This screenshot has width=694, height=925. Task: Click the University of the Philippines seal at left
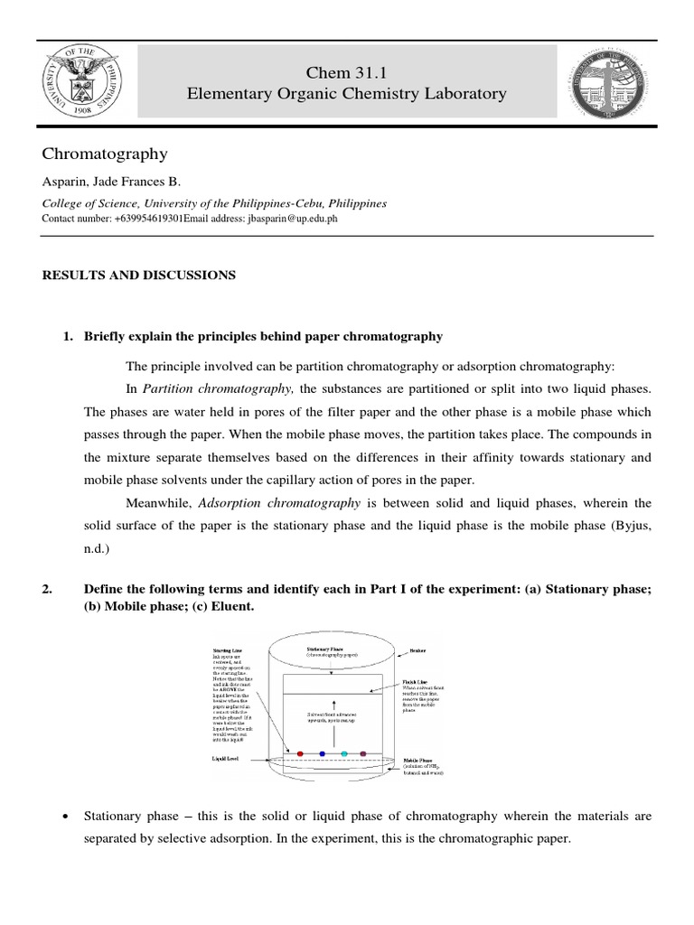click(x=79, y=81)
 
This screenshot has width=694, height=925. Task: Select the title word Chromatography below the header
click(x=105, y=154)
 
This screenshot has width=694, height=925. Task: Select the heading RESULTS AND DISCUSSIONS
click(x=139, y=275)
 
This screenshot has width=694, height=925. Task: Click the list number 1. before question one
click(x=67, y=336)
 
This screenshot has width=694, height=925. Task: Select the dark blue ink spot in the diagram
click(x=322, y=752)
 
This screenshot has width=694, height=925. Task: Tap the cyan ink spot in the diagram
click(x=343, y=752)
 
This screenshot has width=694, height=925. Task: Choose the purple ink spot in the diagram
click(x=363, y=752)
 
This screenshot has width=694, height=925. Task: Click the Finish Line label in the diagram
click(x=417, y=682)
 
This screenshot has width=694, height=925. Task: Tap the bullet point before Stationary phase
click(x=67, y=817)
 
